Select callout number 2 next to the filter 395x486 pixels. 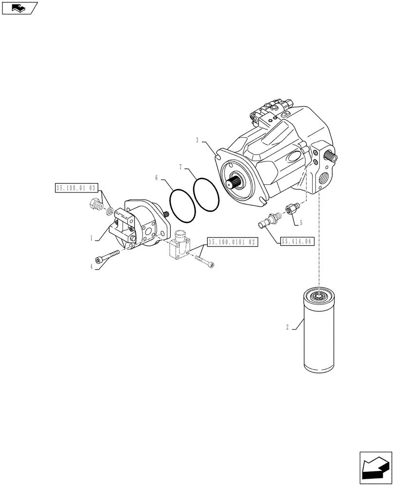point(287,328)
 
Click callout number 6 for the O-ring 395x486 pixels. point(157,178)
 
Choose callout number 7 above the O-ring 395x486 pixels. point(180,167)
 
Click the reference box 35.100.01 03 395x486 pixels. point(77,187)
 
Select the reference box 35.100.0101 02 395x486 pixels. point(232,242)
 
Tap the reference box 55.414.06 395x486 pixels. point(297,241)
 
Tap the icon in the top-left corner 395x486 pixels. point(19,8)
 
